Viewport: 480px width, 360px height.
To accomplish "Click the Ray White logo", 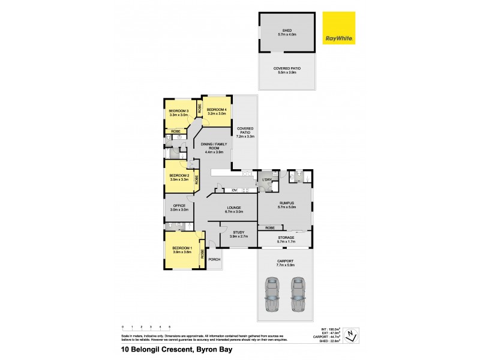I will [339, 28].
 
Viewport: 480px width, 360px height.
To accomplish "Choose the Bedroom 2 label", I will [179, 177].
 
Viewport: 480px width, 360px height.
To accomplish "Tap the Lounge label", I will [233, 209].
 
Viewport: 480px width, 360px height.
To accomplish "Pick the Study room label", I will [238, 234].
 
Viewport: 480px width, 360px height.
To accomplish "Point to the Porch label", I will [214, 259].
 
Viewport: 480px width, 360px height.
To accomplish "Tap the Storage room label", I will [285, 239].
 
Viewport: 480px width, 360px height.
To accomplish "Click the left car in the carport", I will [272, 295].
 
